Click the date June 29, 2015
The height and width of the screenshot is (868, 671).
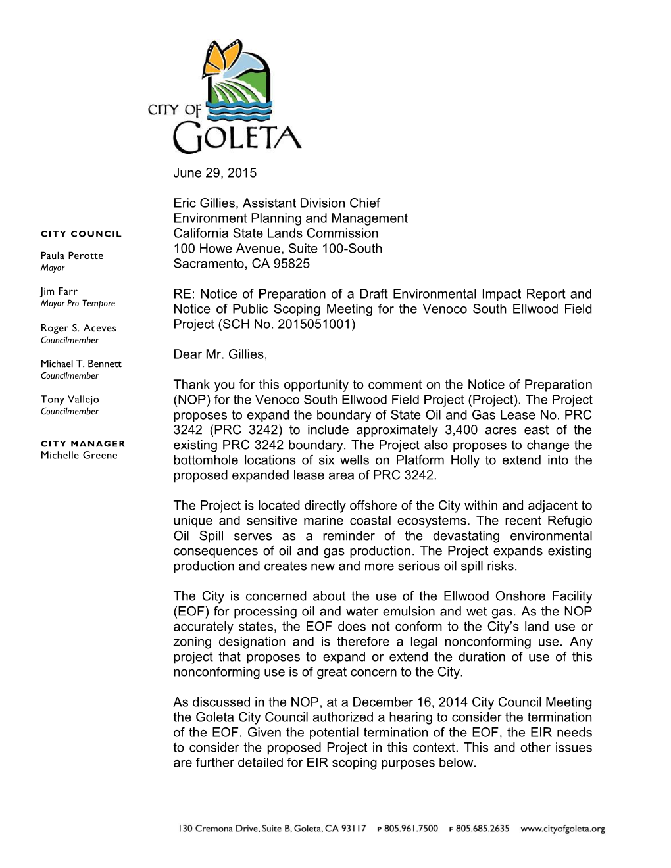pos(215,174)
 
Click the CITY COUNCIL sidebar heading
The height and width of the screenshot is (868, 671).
pos(81,233)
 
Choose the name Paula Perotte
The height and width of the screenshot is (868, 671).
pos(72,256)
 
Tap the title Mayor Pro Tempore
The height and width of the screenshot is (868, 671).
pos(78,304)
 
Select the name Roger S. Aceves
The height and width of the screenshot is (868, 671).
pos(78,328)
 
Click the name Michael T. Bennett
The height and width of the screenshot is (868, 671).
pos(81,364)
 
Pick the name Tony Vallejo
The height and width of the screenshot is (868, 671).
pos(70,399)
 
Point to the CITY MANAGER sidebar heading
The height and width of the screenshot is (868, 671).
pos(82,443)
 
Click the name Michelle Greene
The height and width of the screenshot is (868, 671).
pos(79,455)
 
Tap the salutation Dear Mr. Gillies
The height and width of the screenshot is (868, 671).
pos(220,355)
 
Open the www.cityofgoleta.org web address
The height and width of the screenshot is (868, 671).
pos(562,829)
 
